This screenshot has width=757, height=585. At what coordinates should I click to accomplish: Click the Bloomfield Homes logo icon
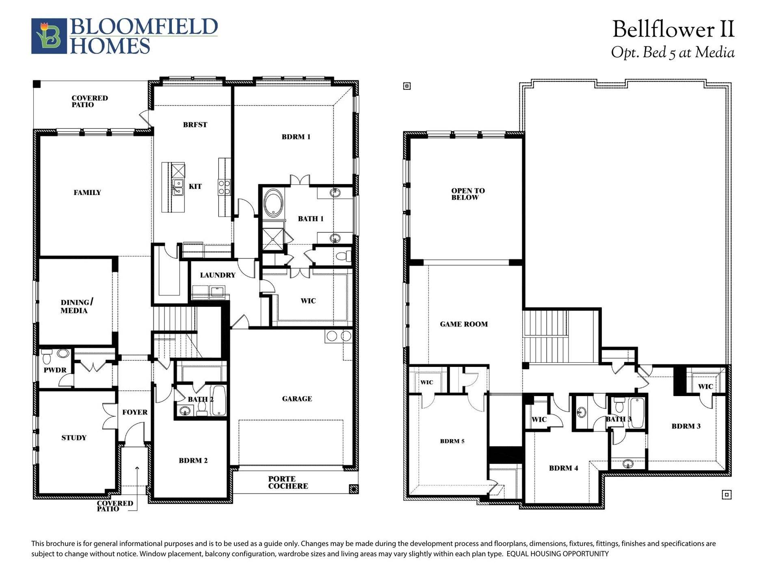click(49, 36)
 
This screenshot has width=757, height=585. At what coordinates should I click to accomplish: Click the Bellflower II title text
click(673, 30)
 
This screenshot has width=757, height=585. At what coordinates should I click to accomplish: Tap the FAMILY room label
click(87, 193)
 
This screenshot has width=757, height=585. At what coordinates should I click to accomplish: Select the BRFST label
click(195, 125)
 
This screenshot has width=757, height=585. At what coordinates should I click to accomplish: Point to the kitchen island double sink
click(178, 188)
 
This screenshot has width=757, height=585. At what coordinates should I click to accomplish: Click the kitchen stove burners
click(225, 187)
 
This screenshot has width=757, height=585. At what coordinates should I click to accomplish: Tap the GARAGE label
click(297, 399)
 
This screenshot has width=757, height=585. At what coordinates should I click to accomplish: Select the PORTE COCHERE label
click(288, 483)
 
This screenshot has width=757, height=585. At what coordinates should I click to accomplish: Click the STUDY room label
click(74, 438)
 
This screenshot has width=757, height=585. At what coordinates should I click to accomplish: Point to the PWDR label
click(55, 370)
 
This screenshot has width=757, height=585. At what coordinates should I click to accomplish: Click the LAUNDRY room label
click(218, 275)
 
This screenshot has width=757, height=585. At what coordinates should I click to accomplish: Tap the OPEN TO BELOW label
click(468, 194)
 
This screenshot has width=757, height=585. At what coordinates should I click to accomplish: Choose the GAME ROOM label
click(464, 324)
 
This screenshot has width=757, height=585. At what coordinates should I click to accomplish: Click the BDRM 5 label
click(452, 441)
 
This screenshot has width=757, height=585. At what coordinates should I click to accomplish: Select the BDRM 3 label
click(686, 426)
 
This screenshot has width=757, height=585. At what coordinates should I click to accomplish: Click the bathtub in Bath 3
click(637, 413)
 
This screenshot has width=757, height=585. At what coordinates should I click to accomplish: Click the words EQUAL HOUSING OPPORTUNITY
click(558, 554)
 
